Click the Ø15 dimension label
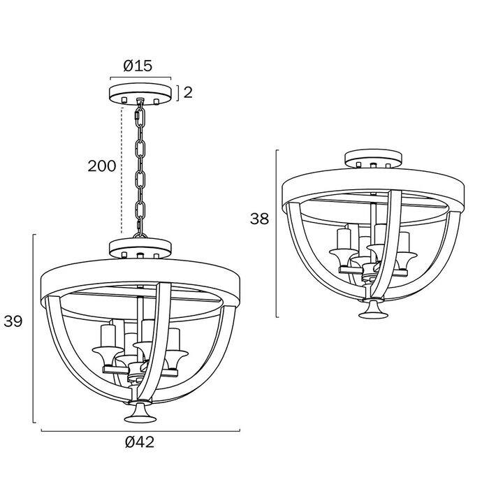138,66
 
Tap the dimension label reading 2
188,92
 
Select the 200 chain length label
102,166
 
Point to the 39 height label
13,321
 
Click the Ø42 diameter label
140,442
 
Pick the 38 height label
259,219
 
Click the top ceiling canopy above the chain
140,94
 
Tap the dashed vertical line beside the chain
122,170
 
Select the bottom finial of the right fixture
373,309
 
